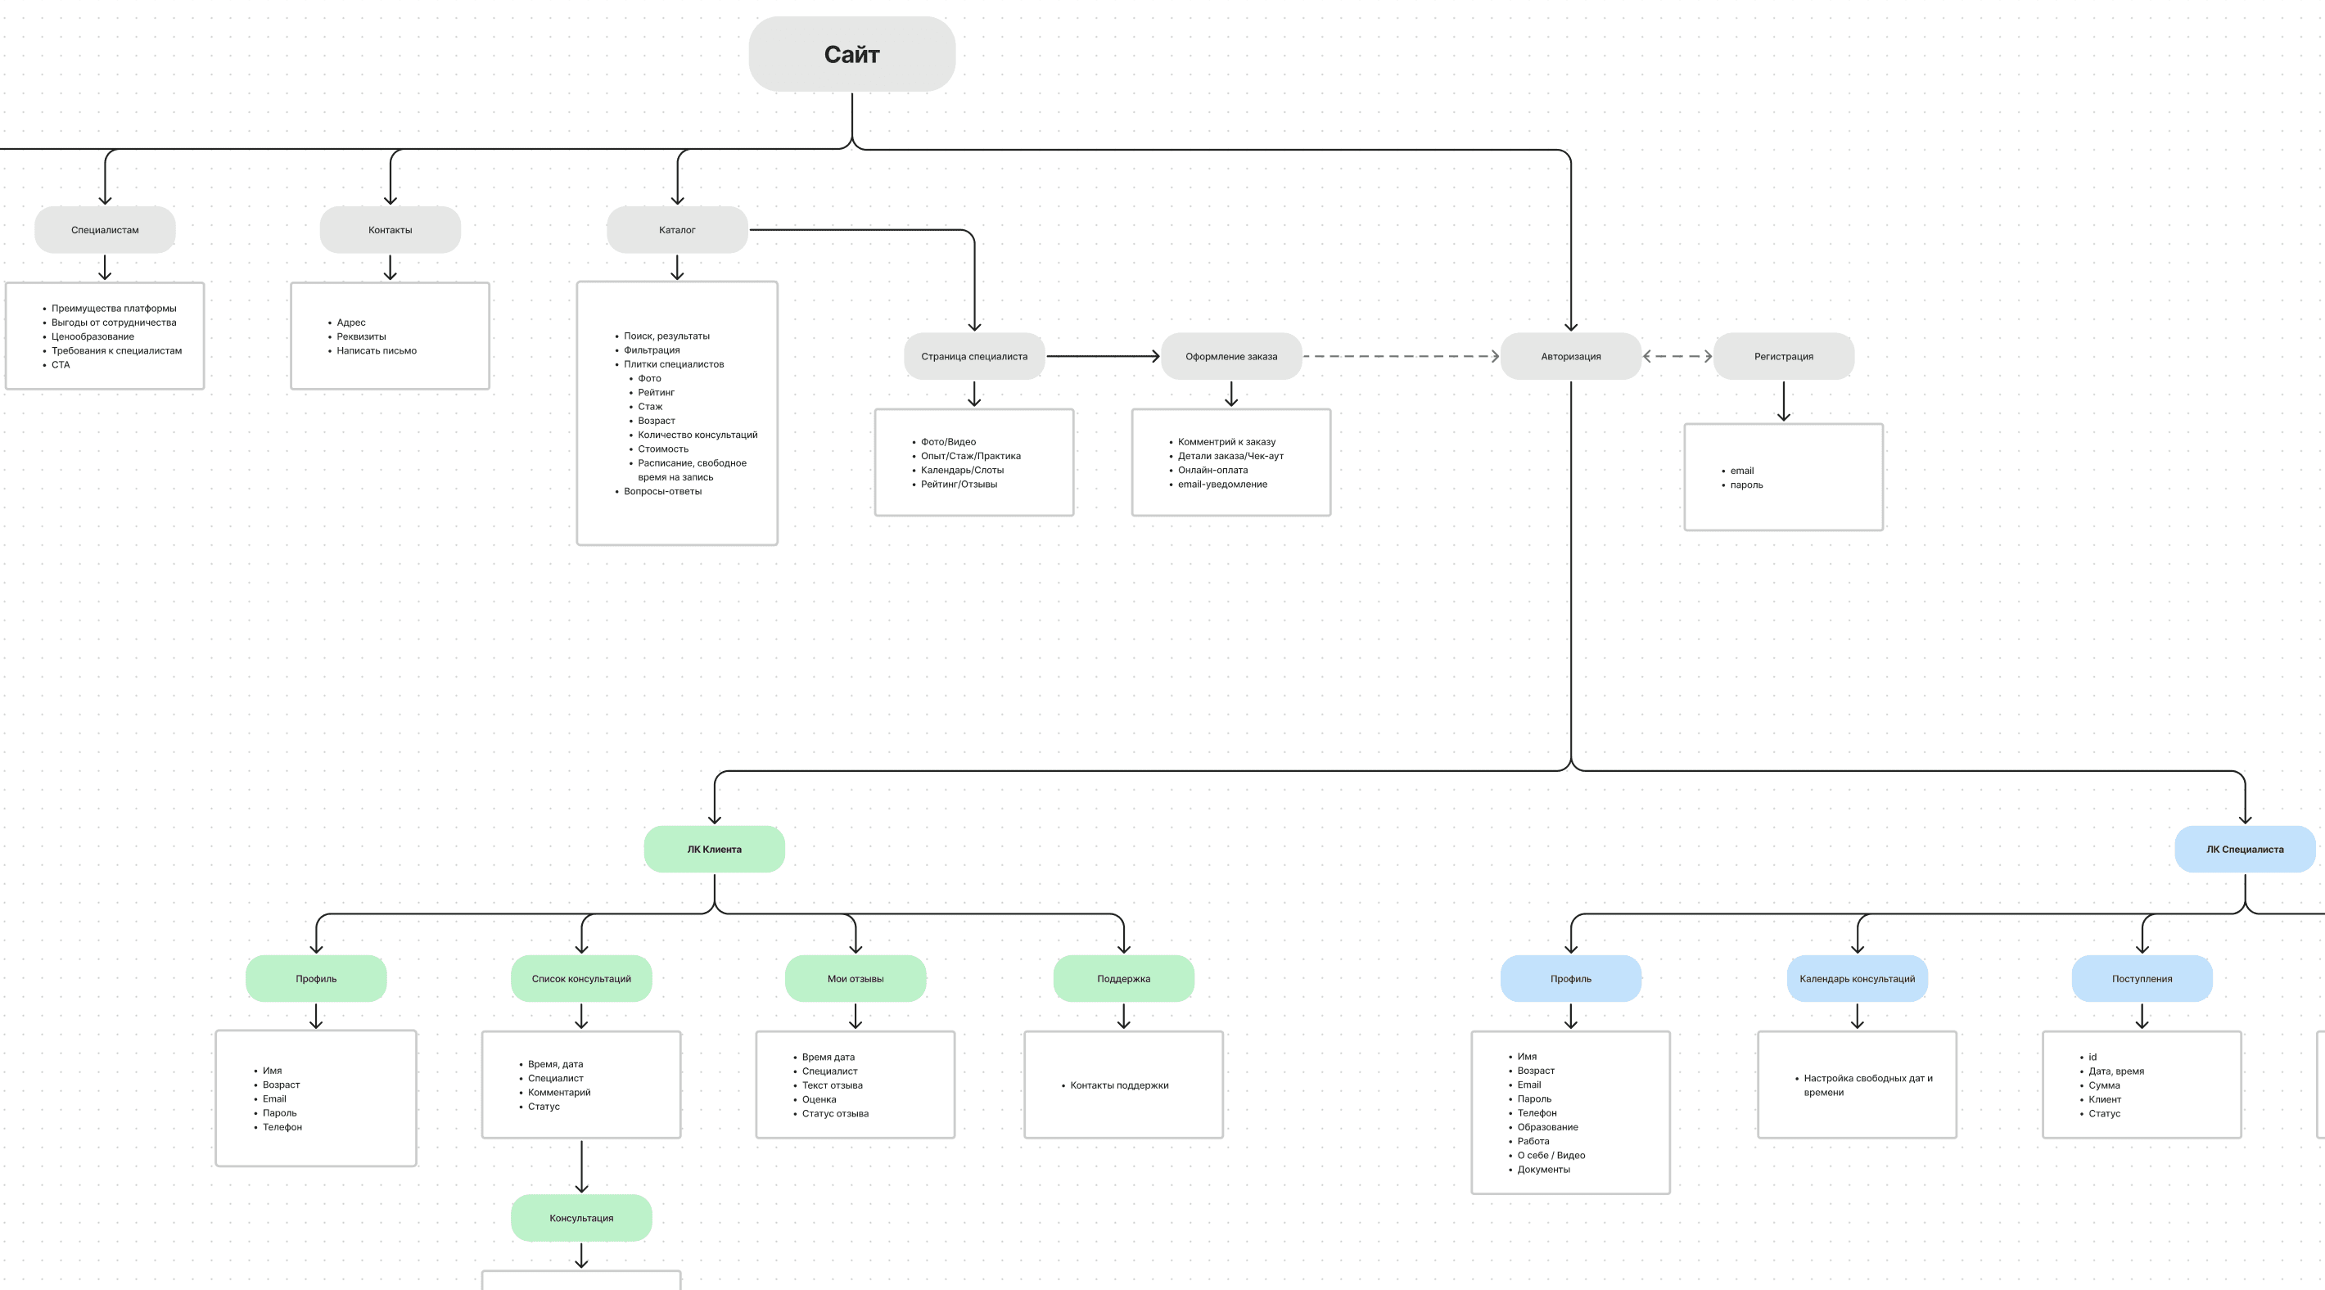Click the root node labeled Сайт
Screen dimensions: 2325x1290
click(852, 54)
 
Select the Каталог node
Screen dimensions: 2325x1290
click(677, 230)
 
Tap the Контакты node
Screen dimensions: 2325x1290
click(390, 230)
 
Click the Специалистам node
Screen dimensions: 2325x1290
click(105, 230)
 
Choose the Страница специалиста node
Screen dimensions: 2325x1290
click(974, 357)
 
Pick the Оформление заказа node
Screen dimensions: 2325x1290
click(1231, 357)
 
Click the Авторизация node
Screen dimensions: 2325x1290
click(1570, 357)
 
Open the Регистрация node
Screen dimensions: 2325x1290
click(1784, 357)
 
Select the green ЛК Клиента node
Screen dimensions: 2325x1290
click(714, 850)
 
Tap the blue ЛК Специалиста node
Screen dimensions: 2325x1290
click(2245, 850)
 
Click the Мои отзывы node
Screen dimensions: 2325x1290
click(856, 979)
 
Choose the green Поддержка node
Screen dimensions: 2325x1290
click(1124, 979)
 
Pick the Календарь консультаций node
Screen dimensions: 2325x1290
click(1858, 979)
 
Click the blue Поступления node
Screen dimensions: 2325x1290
click(2142, 979)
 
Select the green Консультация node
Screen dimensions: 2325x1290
click(581, 1218)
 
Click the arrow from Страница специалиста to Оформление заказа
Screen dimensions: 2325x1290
click(1103, 357)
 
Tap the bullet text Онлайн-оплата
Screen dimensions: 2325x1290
click(1213, 471)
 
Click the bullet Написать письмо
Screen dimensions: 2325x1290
click(377, 351)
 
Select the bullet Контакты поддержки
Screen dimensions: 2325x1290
click(1119, 1085)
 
